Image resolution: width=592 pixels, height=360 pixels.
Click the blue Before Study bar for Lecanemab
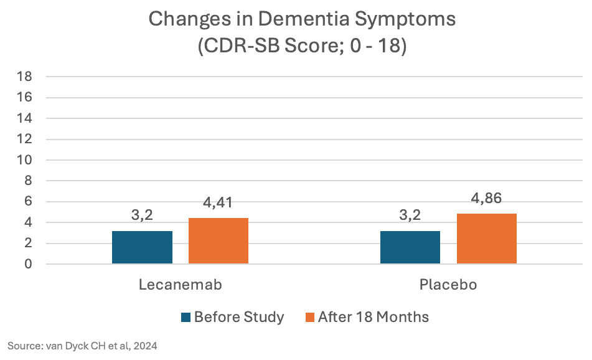point(142,247)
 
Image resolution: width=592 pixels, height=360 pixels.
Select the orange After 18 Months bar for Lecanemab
point(218,241)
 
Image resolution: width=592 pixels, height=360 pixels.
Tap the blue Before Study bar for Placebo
point(410,247)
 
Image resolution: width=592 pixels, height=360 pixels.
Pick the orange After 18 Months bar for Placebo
point(486,239)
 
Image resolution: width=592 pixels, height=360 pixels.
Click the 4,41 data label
point(218,203)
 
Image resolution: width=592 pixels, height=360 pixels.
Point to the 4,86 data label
point(486,199)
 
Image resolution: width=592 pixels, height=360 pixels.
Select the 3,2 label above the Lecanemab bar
point(142,216)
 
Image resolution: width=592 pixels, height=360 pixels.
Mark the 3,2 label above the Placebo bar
point(410,216)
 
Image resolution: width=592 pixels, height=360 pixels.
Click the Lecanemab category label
point(180,285)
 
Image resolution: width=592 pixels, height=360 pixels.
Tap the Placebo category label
point(448,285)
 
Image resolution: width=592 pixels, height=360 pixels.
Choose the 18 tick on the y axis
point(25,77)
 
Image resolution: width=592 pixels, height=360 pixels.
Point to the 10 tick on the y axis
point(25,160)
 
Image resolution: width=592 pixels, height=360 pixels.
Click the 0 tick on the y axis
point(29,264)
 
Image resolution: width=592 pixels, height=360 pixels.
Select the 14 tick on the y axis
point(25,118)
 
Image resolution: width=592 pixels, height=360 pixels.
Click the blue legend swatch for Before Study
point(186,318)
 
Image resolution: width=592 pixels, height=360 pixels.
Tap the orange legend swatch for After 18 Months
point(309,318)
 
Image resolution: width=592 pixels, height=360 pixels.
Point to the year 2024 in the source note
point(145,346)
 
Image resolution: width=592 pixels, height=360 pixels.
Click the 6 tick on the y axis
point(29,202)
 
